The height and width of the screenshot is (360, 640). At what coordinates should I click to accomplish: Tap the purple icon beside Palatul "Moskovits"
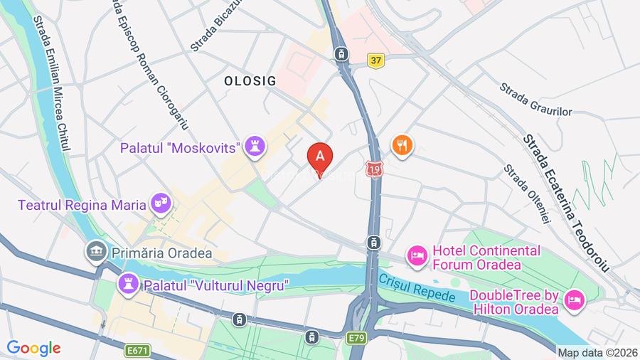coord(255,147)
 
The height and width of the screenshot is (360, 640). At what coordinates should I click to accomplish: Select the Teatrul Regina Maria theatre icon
coord(160,204)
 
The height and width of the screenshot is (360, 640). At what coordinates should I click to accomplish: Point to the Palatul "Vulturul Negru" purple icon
coord(129,285)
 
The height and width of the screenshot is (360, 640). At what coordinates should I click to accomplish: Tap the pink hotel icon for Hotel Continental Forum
coord(417,255)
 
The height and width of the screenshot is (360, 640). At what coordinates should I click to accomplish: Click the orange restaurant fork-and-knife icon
coord(402,146)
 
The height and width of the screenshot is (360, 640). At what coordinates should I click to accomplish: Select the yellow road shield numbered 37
coord(376,61)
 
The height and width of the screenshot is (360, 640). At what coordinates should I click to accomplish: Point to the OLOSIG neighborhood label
coord(250,80)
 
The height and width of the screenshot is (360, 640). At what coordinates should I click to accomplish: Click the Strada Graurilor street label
coord(535,100)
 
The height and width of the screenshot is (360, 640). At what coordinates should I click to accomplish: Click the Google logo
coord(33,348)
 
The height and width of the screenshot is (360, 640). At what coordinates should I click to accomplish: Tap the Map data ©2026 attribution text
coord(597,352)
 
